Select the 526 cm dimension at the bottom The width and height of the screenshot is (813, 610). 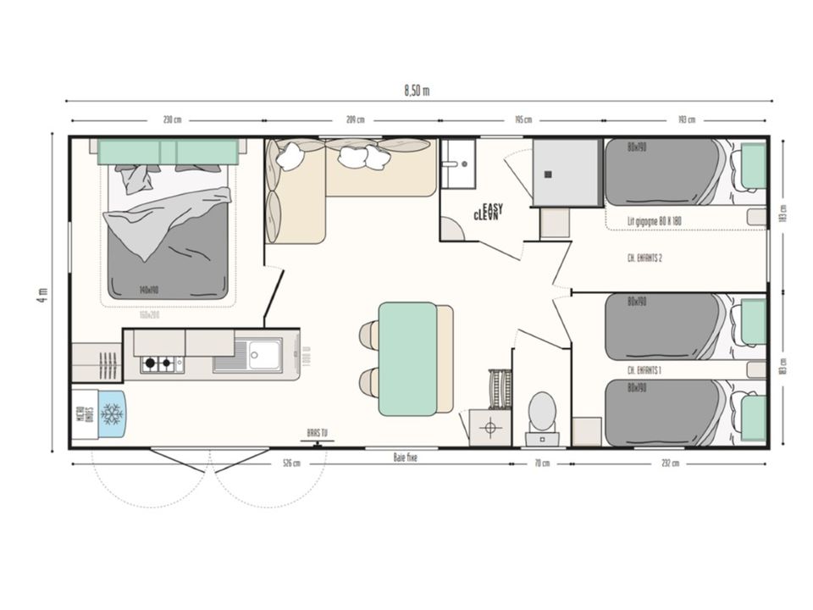click(x=290, y=463)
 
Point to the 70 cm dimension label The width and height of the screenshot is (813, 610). click(x=541, y=463)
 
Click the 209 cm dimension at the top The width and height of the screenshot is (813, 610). click(x=356, y=119)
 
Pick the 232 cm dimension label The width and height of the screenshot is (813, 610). click(x=669, y=463)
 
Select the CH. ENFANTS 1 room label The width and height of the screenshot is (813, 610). click(x=644, y=370)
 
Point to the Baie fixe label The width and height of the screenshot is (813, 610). click(x=406, y=457)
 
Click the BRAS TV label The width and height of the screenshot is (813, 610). click(x=318, y=433)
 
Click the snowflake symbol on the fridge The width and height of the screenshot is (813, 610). click(x=112, y=413)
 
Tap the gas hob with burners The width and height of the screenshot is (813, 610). click(x=162, y=364)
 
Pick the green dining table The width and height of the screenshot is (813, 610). click(x=407, y=359)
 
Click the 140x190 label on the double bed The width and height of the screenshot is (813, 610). click(x=150, y=290)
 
